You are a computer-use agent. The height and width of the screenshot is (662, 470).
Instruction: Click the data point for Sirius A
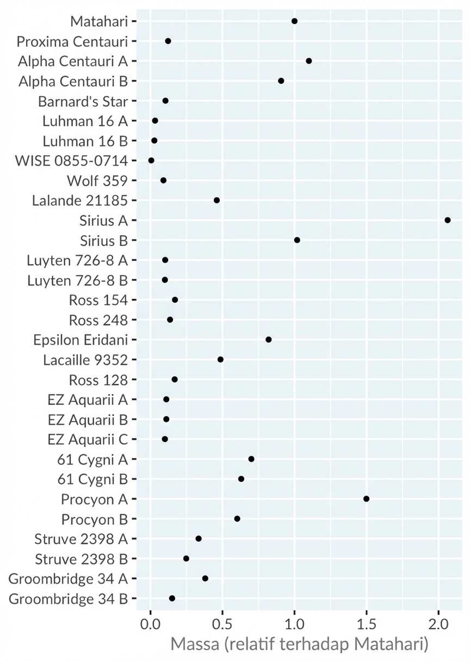447,220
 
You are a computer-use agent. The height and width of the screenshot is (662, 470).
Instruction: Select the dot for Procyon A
366,499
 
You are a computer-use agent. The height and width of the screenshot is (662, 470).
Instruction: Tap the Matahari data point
294,21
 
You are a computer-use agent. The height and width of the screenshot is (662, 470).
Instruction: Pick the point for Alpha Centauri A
308,61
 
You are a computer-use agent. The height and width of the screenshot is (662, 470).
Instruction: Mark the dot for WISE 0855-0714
151,161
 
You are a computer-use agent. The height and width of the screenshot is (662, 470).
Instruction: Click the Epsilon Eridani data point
268,340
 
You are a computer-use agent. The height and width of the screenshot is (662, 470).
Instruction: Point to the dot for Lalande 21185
217,200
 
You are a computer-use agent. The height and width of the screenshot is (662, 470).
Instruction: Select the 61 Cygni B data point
241,479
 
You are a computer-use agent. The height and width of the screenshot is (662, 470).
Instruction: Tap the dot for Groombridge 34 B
172,598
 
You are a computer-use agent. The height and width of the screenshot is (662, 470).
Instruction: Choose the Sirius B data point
297,240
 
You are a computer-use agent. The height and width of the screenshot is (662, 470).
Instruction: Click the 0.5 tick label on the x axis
222,621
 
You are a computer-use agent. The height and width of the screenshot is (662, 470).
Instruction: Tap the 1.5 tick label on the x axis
366,621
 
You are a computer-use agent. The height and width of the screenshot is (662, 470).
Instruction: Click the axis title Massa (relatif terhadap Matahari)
299,645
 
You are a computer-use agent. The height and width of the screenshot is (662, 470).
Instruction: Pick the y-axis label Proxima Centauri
72,41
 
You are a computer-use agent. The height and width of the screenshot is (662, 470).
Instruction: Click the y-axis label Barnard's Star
83,101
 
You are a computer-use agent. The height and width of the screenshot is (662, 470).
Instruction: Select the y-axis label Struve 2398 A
81,539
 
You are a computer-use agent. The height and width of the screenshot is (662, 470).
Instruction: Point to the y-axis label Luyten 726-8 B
77,280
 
